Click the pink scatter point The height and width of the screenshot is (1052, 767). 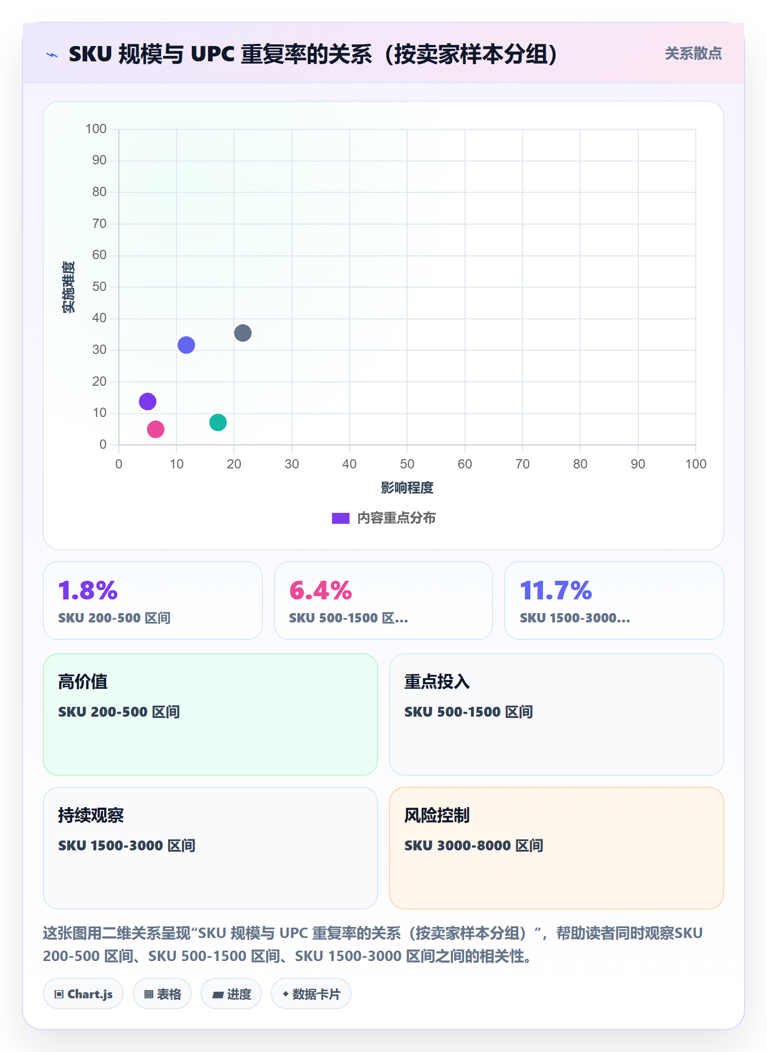(156, 429)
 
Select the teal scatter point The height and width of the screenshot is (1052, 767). (218, 422)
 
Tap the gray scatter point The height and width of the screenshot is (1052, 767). (243, 333)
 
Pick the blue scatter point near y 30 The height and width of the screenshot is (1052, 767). (186, 345)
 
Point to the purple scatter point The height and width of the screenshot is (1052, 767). (147, 402)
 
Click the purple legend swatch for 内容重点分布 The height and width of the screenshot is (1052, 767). (341, 518)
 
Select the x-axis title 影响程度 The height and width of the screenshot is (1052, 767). (407, 488)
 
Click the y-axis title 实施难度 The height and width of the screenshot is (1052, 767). (68, 287)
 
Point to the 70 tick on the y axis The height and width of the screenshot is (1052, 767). (99, 224)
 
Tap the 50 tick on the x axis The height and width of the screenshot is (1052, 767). (407, 464)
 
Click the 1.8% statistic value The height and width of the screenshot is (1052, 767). (88, 591)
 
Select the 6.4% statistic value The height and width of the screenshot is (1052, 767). (320, 591)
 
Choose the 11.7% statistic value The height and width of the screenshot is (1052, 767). (556, 591)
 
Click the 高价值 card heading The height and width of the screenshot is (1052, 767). (83, 682)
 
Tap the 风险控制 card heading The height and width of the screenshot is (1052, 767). (437, 815)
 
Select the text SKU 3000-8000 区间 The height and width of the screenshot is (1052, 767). (474, 845)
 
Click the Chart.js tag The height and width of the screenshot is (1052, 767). (83, 994)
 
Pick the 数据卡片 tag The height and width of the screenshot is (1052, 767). (311, 994)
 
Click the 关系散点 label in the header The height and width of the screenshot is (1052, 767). (694, 54)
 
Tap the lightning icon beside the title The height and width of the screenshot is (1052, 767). (52, 55)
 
